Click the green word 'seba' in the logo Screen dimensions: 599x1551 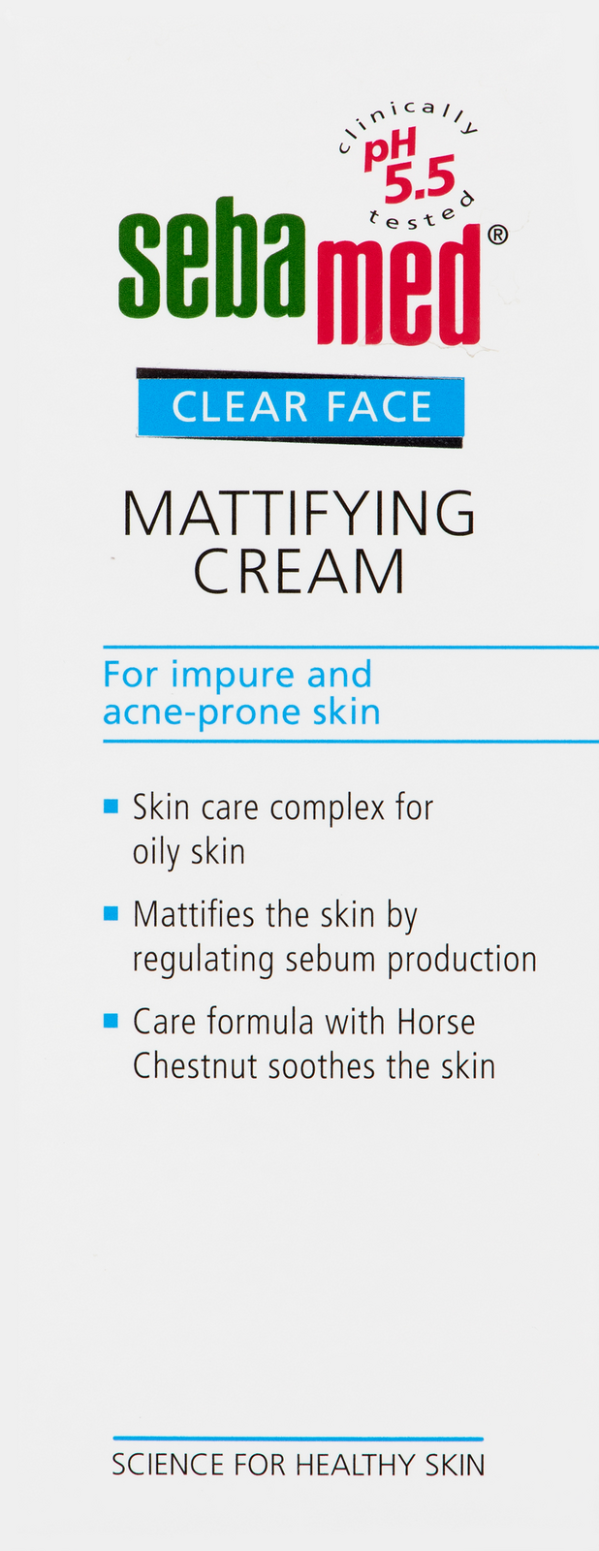pyautogui.click(x=212, y=257)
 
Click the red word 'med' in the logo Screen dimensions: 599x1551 pyautogui.click(x=399, y=284)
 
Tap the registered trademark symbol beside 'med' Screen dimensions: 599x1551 pyautogui.click(x=498, y=235)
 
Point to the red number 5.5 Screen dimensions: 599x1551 pyautogui.click(x=420, y=179)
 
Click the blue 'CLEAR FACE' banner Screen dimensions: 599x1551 pyautogui.click(x=300, y=407)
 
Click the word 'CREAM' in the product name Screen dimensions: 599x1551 pyautogui.click(x=299, y=571)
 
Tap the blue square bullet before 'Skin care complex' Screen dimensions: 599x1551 pyautogui.click(x=110, y=807)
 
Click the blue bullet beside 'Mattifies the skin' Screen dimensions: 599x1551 pyautogui.click(x=110, y=914)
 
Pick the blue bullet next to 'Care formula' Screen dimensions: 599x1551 pyautogui.click(x=110, y=1021)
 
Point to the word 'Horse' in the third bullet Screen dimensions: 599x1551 pyautogui.click(x=435, y=1022)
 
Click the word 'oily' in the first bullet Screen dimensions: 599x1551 pyautogui.click(x=156, y=853)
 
